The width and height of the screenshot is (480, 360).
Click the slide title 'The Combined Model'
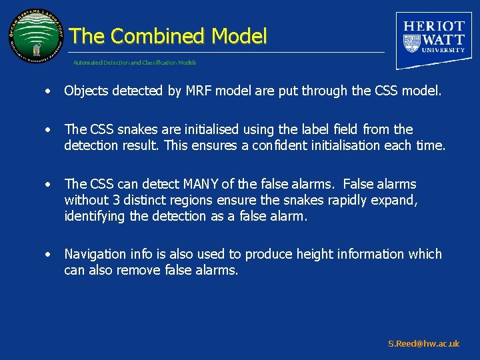tap(168, 36)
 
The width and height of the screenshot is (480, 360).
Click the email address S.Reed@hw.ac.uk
tap(423, 344)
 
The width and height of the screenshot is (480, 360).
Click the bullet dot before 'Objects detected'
tap(49, 92)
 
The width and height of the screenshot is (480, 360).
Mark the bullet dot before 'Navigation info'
tap(49, 255)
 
